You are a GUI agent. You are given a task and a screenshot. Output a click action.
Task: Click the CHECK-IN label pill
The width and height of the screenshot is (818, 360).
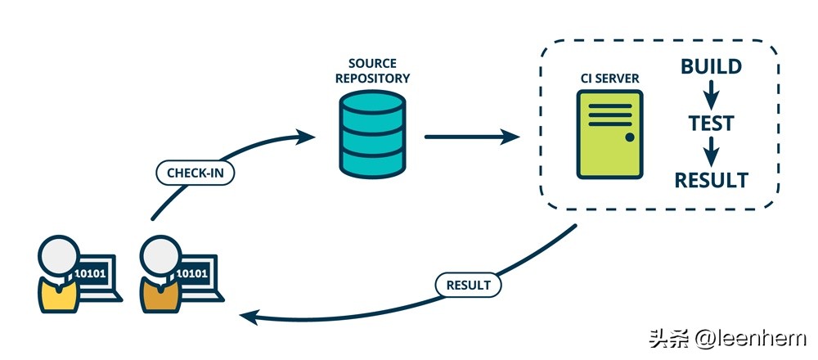pos(196,173)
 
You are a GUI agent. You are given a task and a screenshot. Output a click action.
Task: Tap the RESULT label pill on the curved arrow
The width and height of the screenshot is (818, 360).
pos(468,285)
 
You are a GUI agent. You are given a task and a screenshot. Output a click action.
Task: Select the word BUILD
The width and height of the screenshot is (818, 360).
pos(711,67)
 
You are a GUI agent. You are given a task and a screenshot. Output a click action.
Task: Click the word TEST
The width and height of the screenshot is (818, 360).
pos(710,124)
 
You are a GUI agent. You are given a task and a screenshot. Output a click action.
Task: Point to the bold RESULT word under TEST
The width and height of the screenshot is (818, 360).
pos(710,180)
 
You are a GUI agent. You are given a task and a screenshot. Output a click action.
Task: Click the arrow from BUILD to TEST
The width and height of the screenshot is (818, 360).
pos(711,94)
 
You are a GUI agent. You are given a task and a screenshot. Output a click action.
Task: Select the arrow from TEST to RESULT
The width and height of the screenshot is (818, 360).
pos(711,151)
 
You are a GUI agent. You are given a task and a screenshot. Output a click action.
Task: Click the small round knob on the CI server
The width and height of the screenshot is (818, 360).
pos(629,137)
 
